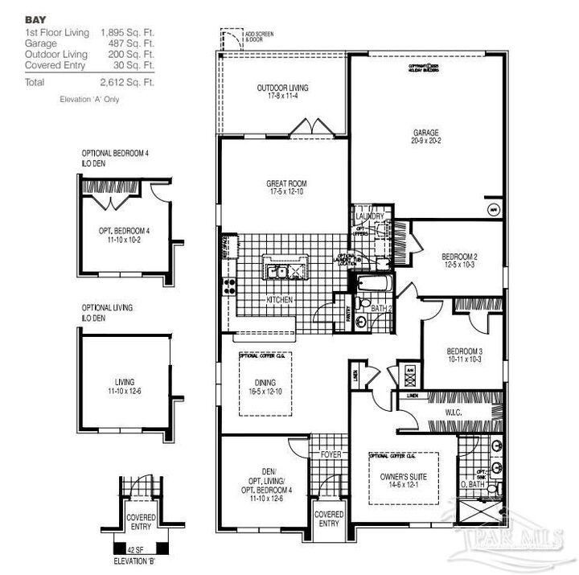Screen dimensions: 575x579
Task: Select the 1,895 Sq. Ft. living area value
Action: coord(127,31)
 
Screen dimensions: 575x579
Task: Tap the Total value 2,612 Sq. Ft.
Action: coord(127,82)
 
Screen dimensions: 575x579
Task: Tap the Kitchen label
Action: coord(279,300)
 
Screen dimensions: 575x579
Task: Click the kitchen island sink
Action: coord(285,269)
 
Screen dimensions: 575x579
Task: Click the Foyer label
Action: coord(331,454)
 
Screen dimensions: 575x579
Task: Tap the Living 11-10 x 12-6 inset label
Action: coord(125,386)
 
